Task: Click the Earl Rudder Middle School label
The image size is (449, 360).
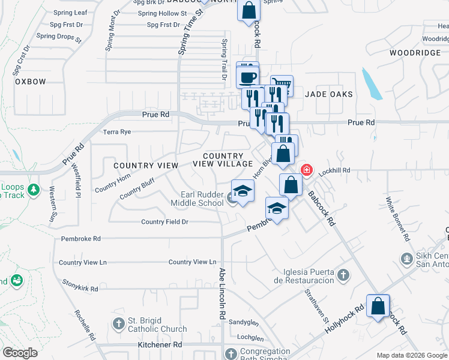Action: pos(202,199)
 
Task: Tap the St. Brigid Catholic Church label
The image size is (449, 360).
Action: pos(157,325)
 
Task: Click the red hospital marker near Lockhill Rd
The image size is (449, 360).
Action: pos(307,170)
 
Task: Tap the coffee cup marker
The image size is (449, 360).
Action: pos(248,77)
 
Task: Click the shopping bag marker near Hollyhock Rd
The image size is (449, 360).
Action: pos(378,307)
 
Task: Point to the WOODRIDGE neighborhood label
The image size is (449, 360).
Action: pos(414,53)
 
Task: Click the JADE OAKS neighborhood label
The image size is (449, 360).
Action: pos(329,94)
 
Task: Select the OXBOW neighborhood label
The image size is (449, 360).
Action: pos(31,82)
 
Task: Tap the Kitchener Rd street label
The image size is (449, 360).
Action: pos(160,345)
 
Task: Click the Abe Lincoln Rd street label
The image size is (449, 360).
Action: pos(221,293)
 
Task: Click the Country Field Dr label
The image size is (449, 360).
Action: pos(165,222)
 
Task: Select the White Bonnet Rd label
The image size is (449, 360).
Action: pos(398,218)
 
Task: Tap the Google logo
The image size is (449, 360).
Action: pos(20,353)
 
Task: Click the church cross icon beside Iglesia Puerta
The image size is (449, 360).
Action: pos(343,275)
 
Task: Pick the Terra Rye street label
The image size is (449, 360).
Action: pos(117,131)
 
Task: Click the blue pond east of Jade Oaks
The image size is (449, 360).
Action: pos(372,84)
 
